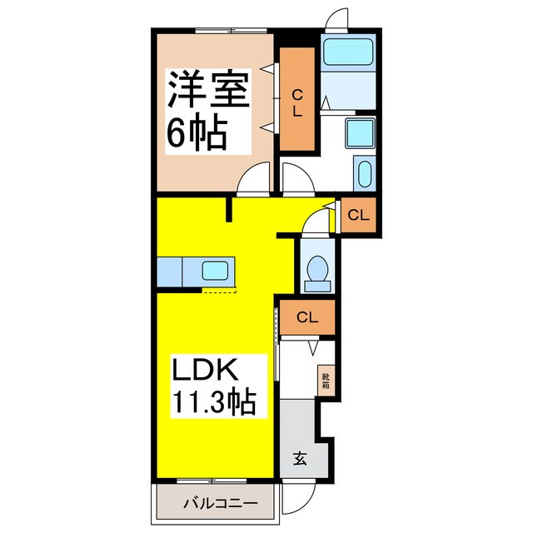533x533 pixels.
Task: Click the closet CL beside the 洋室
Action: pyautogui.click(x=296, y=100)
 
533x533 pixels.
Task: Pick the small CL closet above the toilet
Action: pyautogui.click(x=357, y=216)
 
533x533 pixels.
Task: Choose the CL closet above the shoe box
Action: pyautogui.click(x=306, y=317)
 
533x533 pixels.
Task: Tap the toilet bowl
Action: pyautogui.click(x=317, y=271)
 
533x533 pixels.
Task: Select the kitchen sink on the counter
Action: pyautogui.click(x=217, y=271)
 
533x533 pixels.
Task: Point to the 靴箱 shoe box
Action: pyautogui.click(x=326, y=381)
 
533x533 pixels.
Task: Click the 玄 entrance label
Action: pyautogui.click(x=298, y=457)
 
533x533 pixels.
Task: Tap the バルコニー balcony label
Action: pyautogui.click(x=216, y=504)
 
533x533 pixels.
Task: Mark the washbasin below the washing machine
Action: pyautogui.click(x=365, y=174)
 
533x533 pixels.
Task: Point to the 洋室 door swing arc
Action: pyautogui.click(x=254, y=177)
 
